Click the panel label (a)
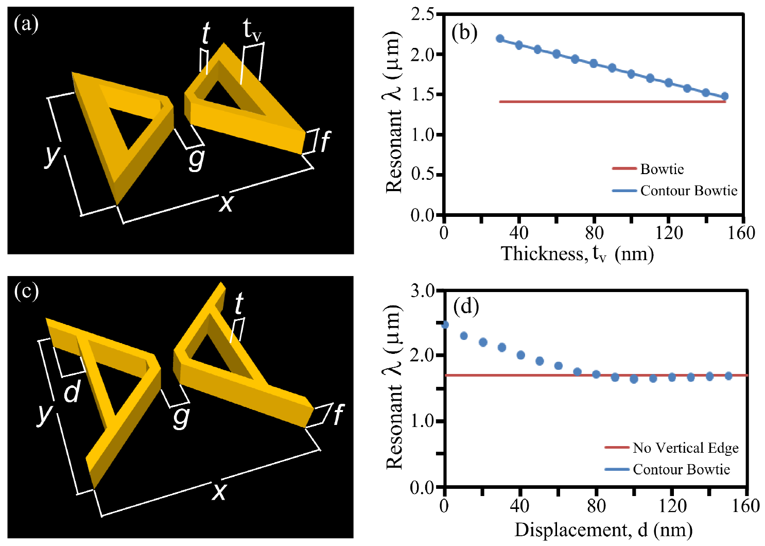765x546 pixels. [x=26, y=24]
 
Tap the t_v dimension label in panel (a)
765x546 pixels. [x=252, y=30]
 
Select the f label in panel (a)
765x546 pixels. [x=325, y=141]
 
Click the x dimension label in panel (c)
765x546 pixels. [x=219, y=491]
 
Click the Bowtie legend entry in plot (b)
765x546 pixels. [x=662, y=169]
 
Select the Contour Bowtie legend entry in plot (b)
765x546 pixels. [x=689, y=191]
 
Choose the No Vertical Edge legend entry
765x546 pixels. [x=686, y=448]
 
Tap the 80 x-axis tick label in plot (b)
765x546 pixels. [x=594, y=233]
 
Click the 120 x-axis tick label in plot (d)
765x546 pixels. [x=671, y=506]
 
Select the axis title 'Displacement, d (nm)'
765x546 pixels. [x=603, y=530]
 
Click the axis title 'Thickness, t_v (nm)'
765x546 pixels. [x=578, y=254]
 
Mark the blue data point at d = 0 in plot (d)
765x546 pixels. [x=445, y=325]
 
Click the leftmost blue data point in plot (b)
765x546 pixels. [x=500, y=39]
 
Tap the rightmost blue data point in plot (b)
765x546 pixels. [x=725, y=96]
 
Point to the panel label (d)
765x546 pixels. [x=466, y=307]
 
